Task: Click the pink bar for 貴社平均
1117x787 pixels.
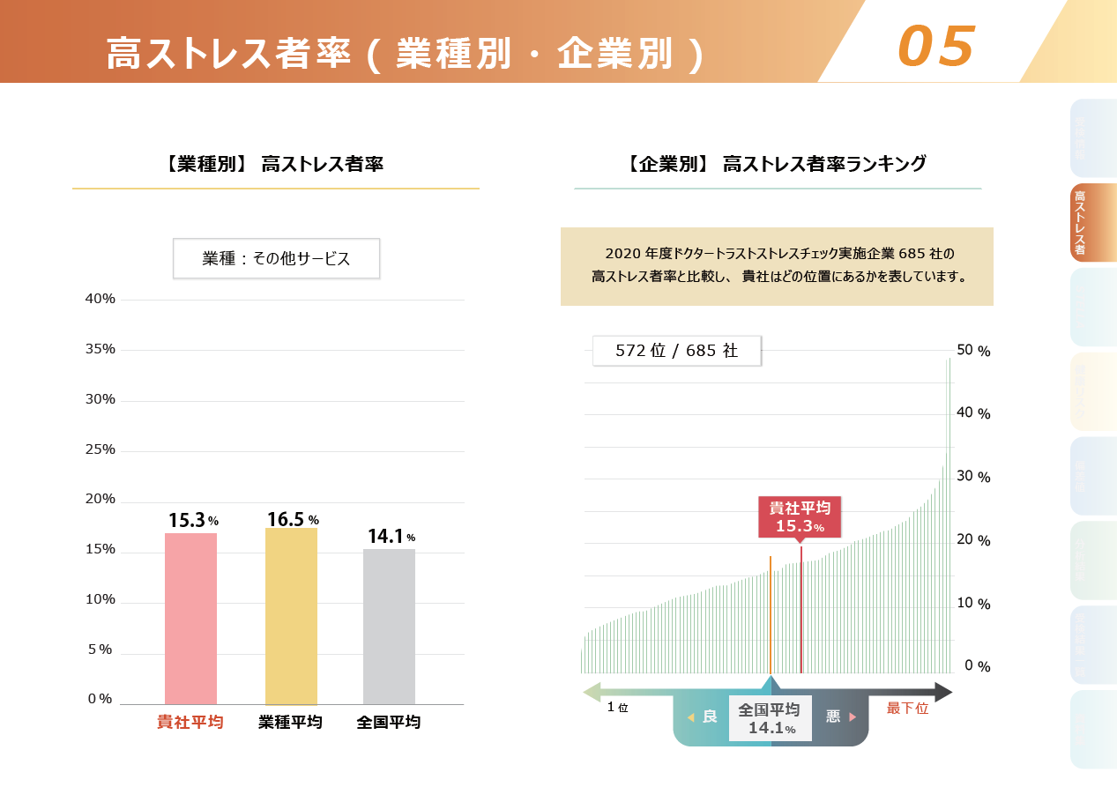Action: pos(190,619)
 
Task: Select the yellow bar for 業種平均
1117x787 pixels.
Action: pos(291,616)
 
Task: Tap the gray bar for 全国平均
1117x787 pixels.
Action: pos(389,627)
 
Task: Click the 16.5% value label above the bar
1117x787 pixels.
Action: pos(292,520)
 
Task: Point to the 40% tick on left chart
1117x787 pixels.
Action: pos(100,299)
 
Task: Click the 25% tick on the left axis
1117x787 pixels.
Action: pos(100,449)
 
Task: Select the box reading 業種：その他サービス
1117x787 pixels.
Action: pos(276,258)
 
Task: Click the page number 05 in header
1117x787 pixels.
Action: pos(936,45)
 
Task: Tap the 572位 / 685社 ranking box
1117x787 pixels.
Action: pos(676,351)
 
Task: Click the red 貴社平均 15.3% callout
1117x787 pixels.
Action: pos(800,517)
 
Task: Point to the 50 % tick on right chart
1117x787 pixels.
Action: pos(973,351)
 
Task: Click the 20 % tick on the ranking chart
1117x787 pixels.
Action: pos(973,540)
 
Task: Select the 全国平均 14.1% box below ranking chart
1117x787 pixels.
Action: pos(771,718)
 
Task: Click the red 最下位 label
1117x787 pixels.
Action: pos(907,709)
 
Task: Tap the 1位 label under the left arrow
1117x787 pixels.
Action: pos(617,708)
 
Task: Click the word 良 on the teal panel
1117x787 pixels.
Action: pos(709,716)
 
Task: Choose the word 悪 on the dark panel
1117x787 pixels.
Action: pos(833,716)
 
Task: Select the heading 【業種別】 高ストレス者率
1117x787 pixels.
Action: pos(274,164)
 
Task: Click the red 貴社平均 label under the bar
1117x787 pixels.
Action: pos(190,723)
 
